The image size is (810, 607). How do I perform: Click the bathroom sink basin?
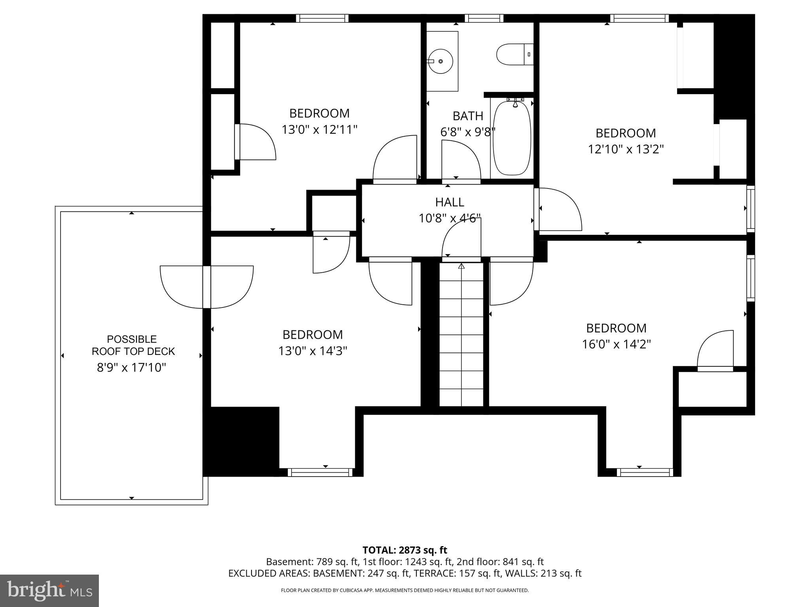tap(441, 61)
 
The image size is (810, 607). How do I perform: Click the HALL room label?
tap(450, 202)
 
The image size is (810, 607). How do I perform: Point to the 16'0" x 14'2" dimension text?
tap(616, 345)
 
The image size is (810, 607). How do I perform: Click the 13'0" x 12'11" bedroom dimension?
tap(320, 130)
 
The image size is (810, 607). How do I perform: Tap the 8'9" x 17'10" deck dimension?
tap(131, 368)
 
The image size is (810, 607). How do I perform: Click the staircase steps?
tap(461, 336)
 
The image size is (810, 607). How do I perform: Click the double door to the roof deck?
tap(206, 287)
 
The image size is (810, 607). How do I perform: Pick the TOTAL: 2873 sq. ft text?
tap(405, 550)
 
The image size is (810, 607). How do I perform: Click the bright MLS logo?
tap(49, 591)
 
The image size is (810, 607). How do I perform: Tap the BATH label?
tap(468, 116)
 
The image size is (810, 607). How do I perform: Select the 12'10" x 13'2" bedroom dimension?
tap(626, 149)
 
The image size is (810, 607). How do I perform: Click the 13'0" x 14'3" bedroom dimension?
tap(312, 351)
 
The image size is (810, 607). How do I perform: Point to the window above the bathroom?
tap(484, 18)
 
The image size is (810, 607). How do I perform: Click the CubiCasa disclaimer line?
tap(405, 590)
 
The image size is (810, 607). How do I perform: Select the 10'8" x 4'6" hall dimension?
tap(450, 219)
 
